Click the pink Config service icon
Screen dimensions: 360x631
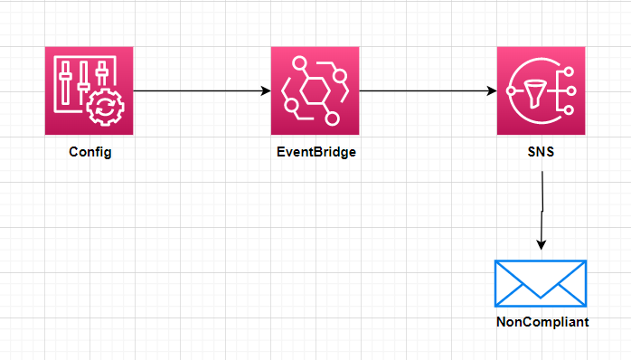point(89,91)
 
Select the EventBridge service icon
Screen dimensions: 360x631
point(315,91)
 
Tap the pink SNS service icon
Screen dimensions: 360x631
point(541,91)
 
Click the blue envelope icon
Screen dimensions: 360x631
point(541,282)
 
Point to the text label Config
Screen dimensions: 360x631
point(89,152)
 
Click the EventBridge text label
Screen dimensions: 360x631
point(315,152)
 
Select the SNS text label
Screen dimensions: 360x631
point(541,152)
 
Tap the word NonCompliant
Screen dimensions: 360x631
point(541,321)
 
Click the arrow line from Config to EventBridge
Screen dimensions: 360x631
point(199,90)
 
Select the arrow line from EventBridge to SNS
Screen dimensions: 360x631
point(425,90)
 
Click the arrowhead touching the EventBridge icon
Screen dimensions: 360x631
point(266,90)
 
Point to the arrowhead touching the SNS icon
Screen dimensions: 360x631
point(492,90)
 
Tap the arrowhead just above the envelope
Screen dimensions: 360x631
point(541,245)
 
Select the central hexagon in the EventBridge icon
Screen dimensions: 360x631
point(315,91)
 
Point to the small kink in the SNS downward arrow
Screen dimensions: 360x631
point(541,211)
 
